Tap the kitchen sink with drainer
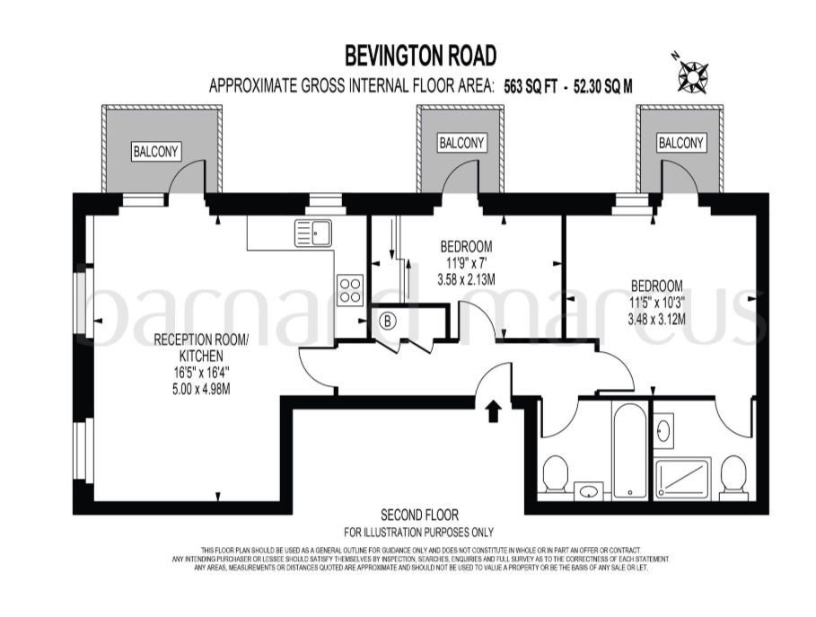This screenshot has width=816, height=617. coord(312,233)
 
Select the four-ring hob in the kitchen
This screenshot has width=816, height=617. coord(349,289)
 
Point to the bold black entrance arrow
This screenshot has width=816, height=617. coord(492,411)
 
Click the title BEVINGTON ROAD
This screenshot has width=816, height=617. coord(421,57)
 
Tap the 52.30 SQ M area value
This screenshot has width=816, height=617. coord(603,87)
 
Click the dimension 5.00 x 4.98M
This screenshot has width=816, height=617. coord(196,384)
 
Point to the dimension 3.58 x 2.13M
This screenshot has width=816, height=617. coord(467,280)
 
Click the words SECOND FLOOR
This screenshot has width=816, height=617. coord(420,516)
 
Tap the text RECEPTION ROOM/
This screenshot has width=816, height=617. coord(196,339)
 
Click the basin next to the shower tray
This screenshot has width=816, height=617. coord(664,428)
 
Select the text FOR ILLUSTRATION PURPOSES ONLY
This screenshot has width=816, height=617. coord(420,532)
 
